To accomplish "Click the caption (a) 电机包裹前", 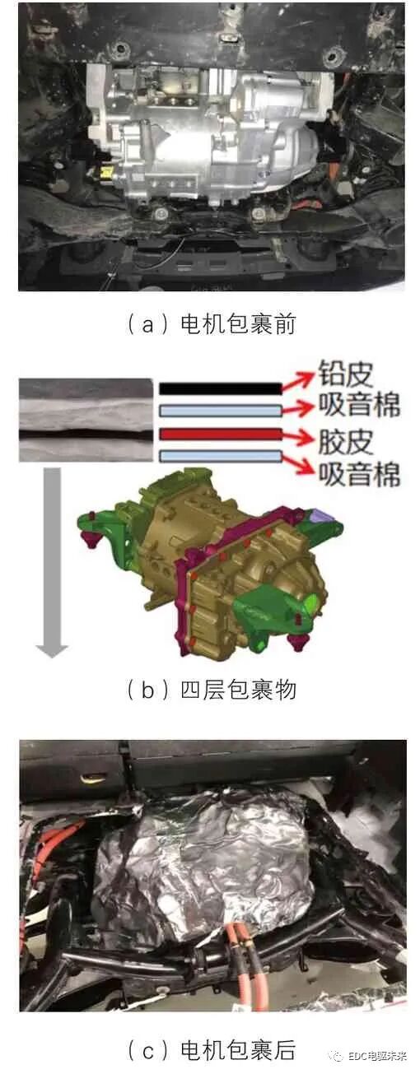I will coord(211,323).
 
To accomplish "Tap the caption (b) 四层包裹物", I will coord(211,689).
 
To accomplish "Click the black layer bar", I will coord(218,388).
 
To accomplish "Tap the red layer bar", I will coord(218,434).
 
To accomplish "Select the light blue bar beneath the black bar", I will coord(218,410).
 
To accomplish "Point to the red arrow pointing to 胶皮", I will coord(297,435).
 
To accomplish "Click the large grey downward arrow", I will coord(52,560).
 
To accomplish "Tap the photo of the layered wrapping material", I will coord(84,420).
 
